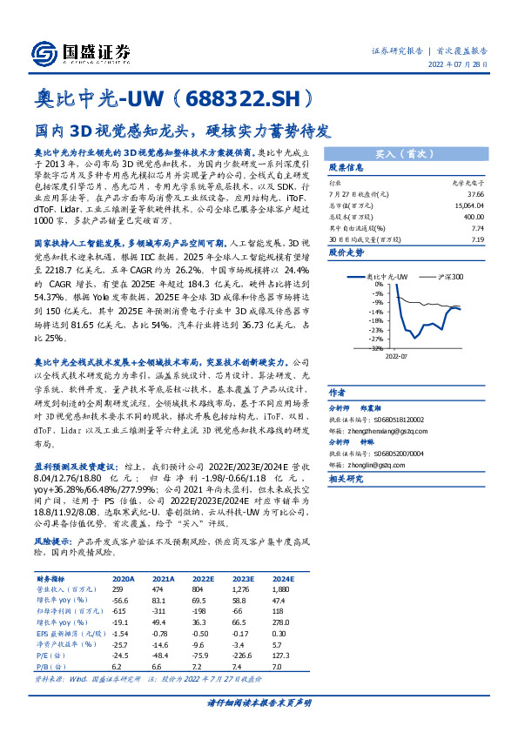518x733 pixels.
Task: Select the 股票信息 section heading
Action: point(346,167)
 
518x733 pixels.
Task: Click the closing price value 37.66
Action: point(475,195)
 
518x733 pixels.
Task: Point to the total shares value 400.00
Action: point(474,216)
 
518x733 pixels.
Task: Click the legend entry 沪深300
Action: point(448,277)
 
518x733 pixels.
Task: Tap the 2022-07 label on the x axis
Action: point(396,355)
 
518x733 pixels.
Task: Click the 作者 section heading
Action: point(337,393)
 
